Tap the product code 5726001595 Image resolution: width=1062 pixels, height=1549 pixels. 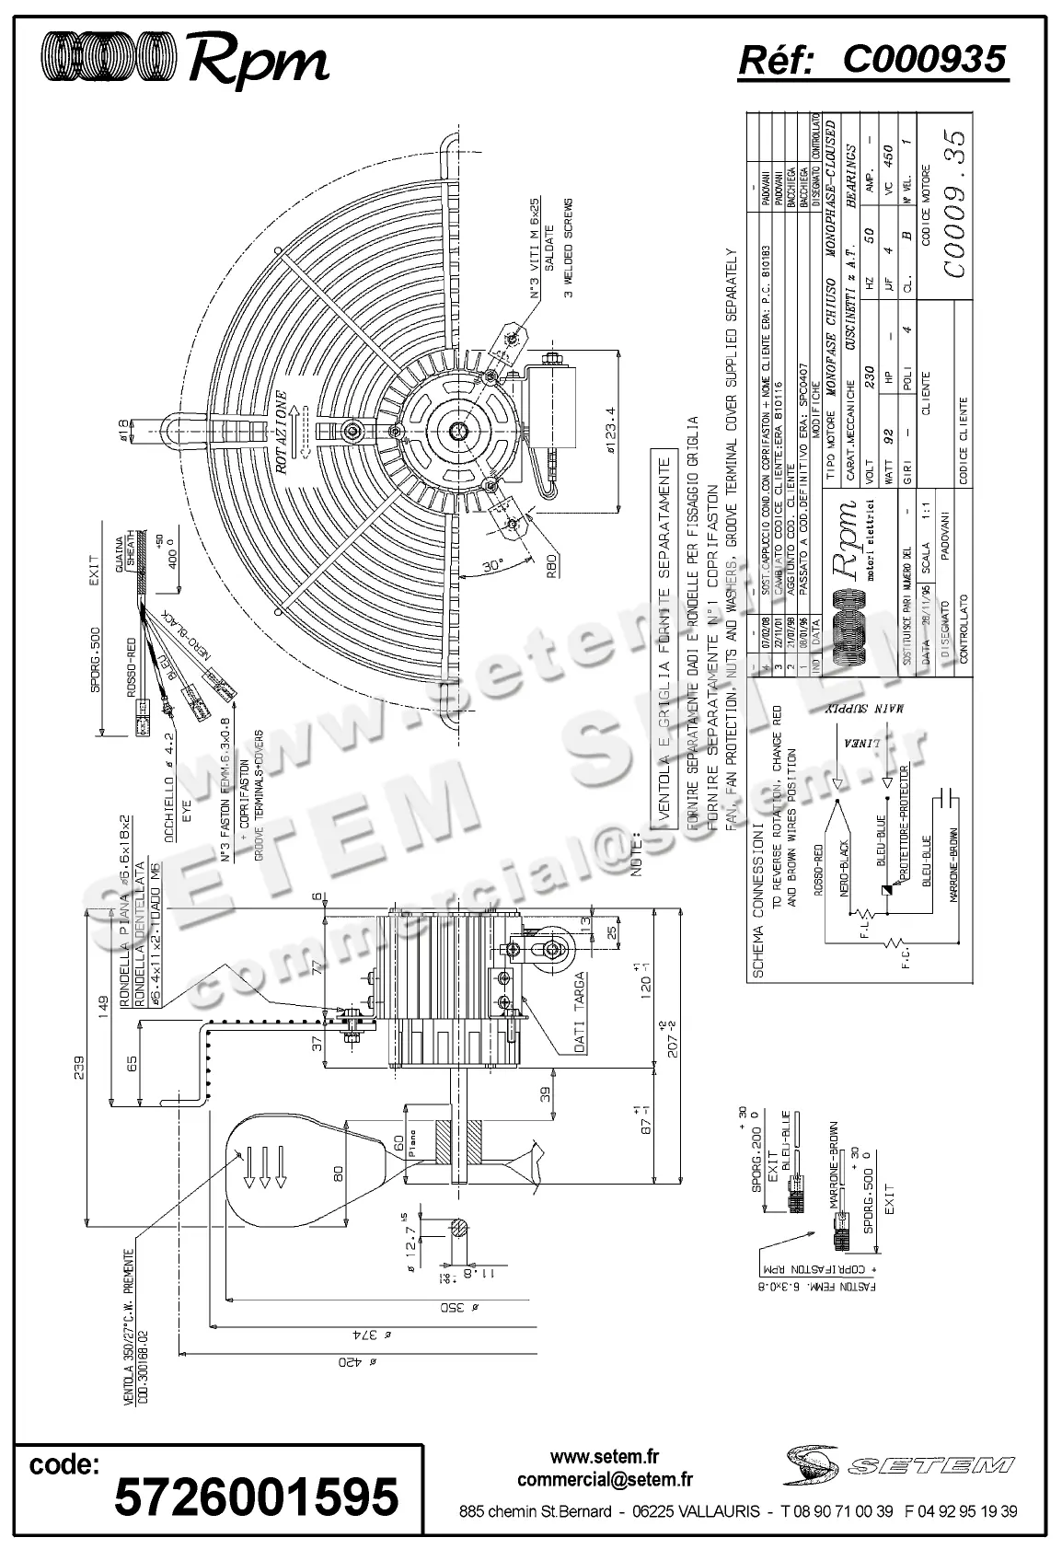coord(257,1496)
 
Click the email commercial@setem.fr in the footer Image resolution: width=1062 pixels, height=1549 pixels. coord(605,1480)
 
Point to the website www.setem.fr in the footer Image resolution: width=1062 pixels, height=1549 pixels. coord(605,1457)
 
